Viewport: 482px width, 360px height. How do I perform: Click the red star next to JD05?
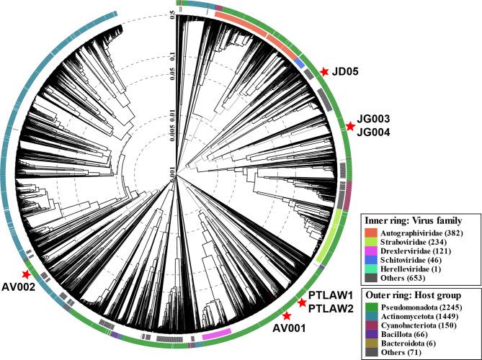tap(325, 71)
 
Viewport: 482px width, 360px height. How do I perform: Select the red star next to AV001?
tap(287, 316)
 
